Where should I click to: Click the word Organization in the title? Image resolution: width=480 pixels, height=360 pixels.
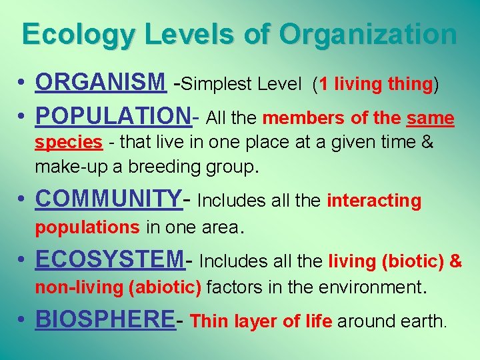369,35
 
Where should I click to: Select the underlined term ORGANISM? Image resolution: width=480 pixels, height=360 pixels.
101,83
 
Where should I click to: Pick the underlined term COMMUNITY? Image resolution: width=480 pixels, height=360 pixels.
107,198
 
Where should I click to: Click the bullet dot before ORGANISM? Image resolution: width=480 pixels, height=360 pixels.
22,84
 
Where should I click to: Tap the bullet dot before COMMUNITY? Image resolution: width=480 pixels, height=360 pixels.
22,199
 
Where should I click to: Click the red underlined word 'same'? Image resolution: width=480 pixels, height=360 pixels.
431,119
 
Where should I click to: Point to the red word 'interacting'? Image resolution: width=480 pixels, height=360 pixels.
374,201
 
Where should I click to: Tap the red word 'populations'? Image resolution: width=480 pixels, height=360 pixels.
87,227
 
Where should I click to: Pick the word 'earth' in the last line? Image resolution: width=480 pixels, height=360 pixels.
423,322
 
